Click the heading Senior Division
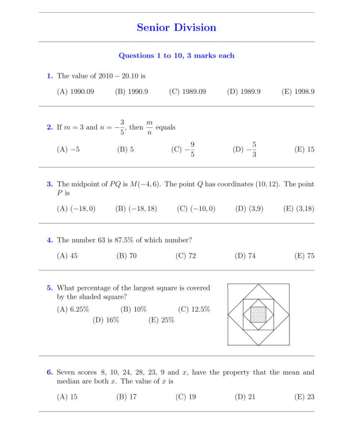(177, 27)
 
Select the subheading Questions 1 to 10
(177, 56)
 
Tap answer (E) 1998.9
(298, 92)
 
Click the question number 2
(50, 127)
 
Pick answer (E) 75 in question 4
(299, 256)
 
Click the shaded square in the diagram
(258, 314)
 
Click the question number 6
(50, 372)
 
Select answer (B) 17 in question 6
(126, 397)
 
